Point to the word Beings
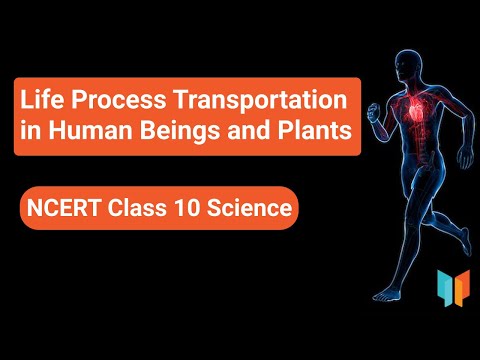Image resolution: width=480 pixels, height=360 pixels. (x=191, y=134)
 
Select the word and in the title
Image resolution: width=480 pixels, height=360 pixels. (x=255, y=134)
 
